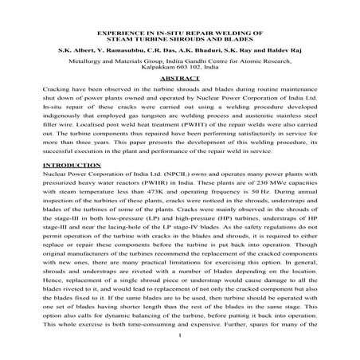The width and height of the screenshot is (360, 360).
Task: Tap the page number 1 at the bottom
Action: [x=180, y=344]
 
